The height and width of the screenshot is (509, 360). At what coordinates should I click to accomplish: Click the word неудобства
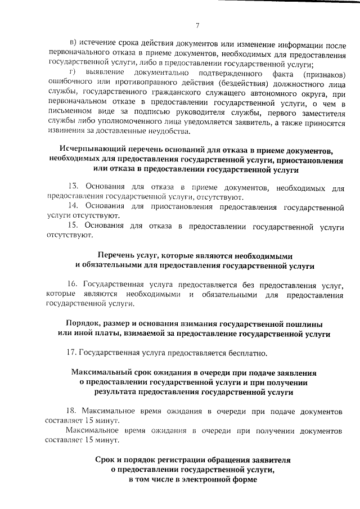(173, 132)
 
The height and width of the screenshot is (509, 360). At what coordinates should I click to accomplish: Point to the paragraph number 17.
(71, 353)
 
